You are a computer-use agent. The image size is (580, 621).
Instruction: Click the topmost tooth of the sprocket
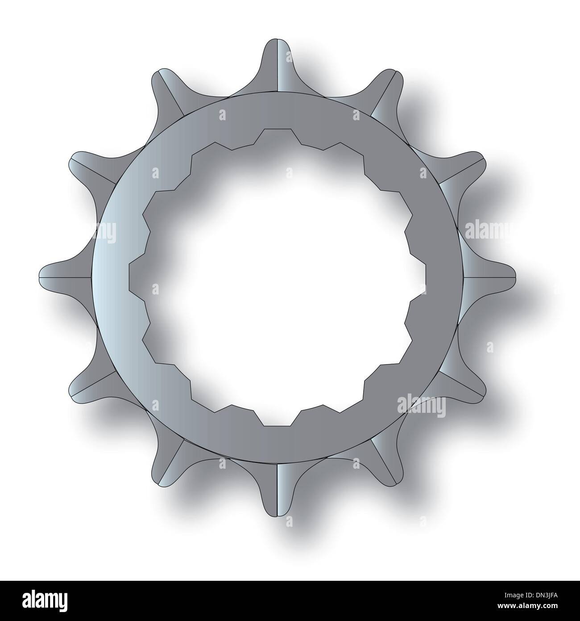pyautogui.click(x=277, y=63)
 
